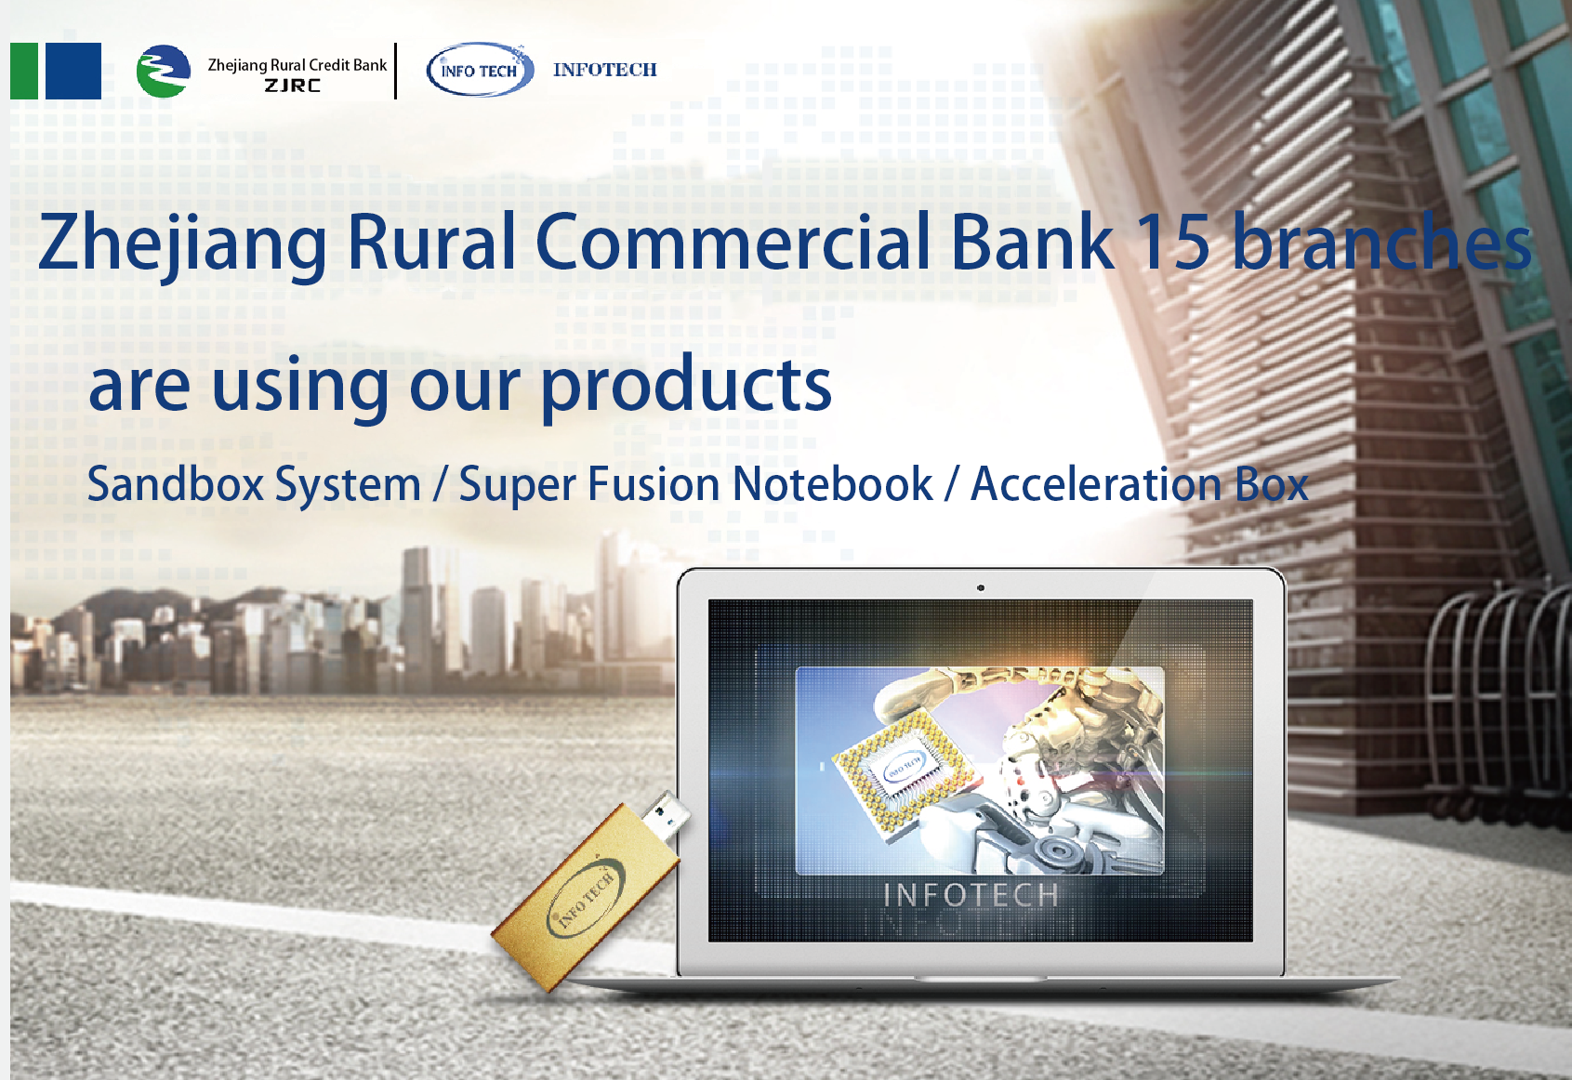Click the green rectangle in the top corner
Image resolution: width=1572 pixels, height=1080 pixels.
[24, 71]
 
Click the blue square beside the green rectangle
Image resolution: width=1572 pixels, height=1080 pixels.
[73, 71]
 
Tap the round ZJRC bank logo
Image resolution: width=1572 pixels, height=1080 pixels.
[163, 71]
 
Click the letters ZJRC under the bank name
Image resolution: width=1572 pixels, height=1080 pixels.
[293, 86]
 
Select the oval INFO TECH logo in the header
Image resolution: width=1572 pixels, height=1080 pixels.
[480, 70]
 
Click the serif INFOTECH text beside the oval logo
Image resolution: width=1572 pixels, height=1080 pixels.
[605, 70]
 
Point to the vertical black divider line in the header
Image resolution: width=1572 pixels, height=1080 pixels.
[396, 71]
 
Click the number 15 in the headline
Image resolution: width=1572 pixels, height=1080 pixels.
[1172, 242]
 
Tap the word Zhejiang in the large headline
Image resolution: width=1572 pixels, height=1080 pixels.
[182, 245]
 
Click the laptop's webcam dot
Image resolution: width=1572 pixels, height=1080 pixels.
[981, 587]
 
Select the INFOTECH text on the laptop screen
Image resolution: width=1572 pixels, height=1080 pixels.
[971, 895]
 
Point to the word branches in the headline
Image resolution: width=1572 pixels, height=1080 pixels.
[1381, 242]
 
